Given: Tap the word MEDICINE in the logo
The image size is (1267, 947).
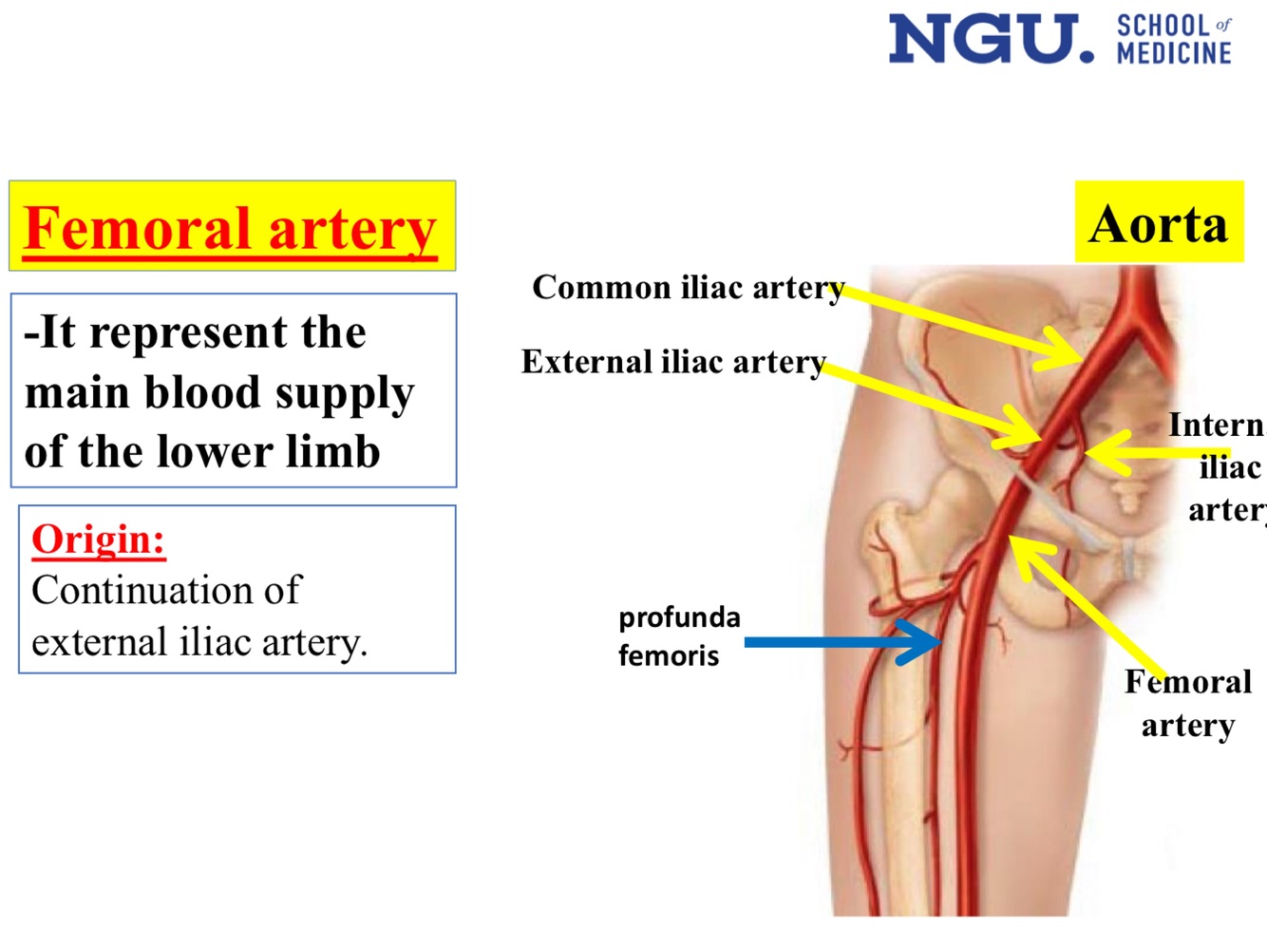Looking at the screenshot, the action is (1174, 52).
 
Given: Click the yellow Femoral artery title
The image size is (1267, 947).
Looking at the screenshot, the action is (231, 229).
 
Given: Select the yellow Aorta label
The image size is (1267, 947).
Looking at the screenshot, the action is (1158, 224).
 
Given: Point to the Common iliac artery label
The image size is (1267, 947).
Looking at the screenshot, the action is (688, 287).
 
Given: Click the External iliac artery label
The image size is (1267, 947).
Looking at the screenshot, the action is (673, 362).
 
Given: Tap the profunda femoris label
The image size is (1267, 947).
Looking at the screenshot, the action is (678, 636).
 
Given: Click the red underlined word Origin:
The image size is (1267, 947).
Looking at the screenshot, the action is (99, 540).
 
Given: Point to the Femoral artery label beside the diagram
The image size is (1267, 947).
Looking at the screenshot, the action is (1187, 703).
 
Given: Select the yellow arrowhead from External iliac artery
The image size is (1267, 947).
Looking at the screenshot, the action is (1022, 430).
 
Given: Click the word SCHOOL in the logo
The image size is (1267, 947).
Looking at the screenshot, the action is (1163, 26).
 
